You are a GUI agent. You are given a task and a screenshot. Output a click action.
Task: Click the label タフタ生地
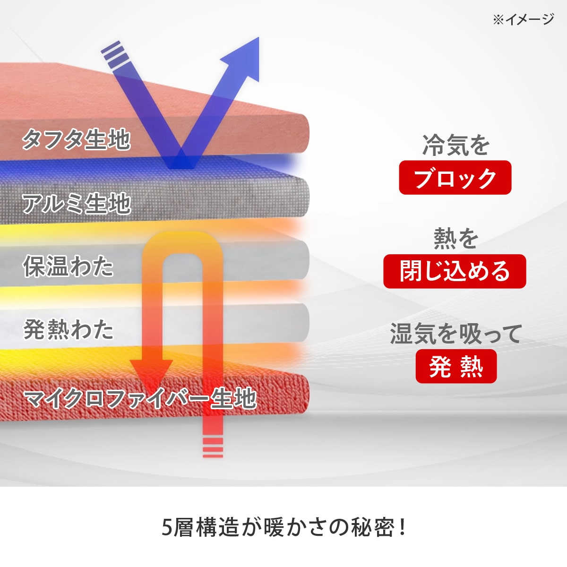[76, 139]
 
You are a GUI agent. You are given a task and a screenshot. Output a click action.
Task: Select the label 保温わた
[69, 266]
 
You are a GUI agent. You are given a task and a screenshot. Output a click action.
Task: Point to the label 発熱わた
[69, 329]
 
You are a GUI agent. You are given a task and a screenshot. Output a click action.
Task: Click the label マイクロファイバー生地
[140, 399]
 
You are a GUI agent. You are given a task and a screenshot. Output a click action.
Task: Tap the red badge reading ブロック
[455, 178]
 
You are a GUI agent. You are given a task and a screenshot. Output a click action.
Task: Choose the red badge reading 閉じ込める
[455, 271]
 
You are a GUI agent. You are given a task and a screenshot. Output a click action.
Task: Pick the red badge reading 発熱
[456, 366]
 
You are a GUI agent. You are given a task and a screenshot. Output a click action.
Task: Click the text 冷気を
[455, 145]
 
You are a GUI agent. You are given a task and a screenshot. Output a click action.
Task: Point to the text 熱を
[456, 239]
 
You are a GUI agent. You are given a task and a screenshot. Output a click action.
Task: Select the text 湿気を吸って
[456, 334]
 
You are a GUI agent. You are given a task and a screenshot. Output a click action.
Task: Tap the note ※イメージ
[523, 19]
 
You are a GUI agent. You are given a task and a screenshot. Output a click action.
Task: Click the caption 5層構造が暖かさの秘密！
[283, 527]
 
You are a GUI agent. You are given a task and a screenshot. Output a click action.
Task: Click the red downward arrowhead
[151, 371]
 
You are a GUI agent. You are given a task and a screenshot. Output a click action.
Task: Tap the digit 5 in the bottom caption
[167, 528]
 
